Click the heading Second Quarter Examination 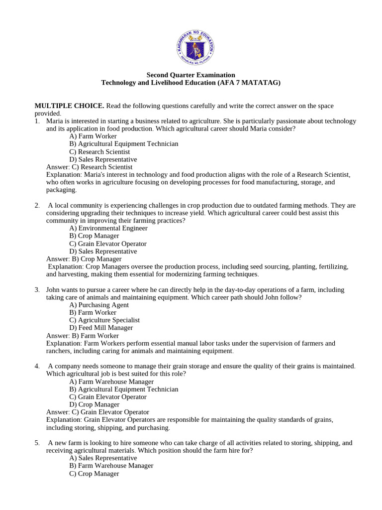pyautogui.click(x=191, y=75)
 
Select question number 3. pyautogui.click(x=37, y=290)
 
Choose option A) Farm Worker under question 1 pyautogui.click(x=93, y=136)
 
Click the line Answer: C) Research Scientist pyautogui.click(x=89, y=167)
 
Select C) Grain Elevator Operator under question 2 pyautogui.click(x=108, y=244)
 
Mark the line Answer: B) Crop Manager pyautogui.click(x=84, y=259)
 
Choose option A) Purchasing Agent pyautogui.click(x=99, y=305)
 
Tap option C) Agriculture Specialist pyautogui.click(x=104, y=320)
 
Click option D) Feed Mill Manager pyautogui.click(x=101, y=328)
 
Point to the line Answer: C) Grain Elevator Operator pyautogui.click(x=97, y=412)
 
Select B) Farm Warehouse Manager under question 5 pyautogui.click(x=111, y=466)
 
